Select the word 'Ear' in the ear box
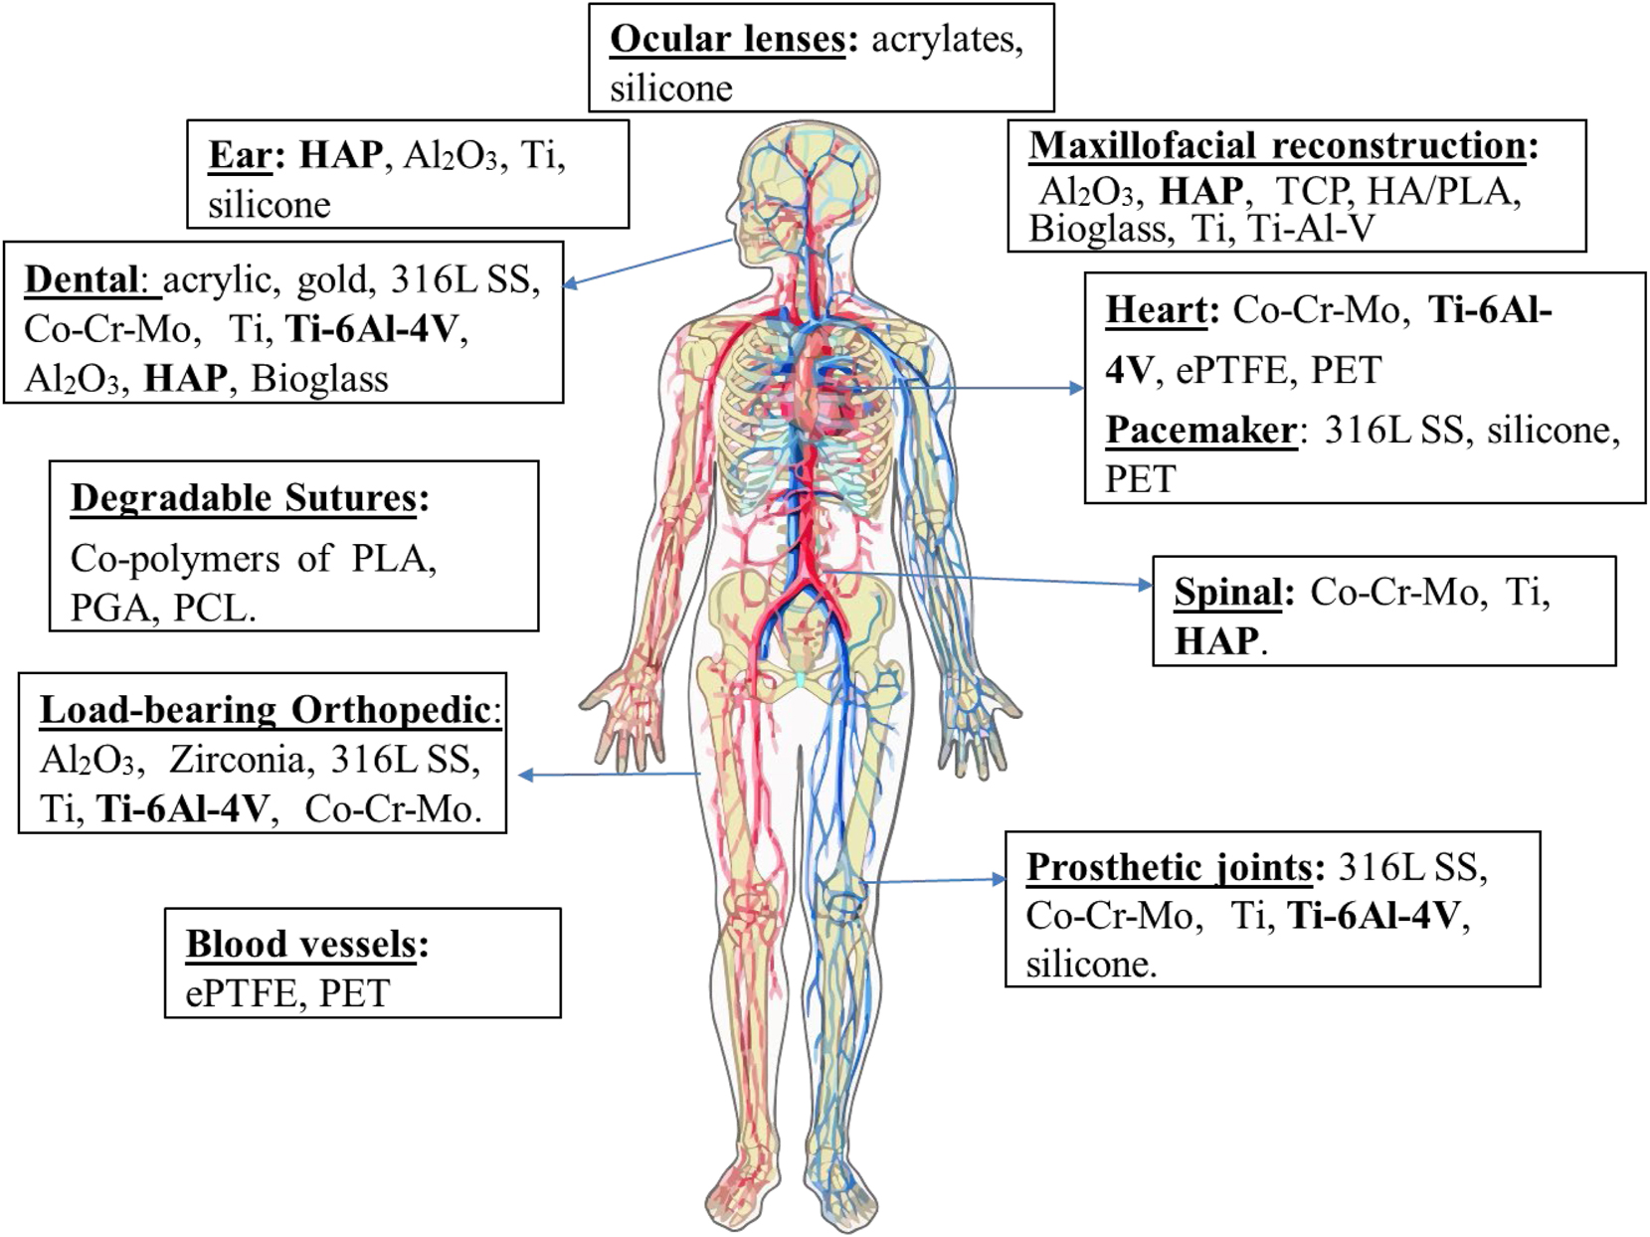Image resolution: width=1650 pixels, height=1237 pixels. (240, 155)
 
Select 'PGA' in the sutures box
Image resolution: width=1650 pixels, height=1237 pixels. (109, 607)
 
